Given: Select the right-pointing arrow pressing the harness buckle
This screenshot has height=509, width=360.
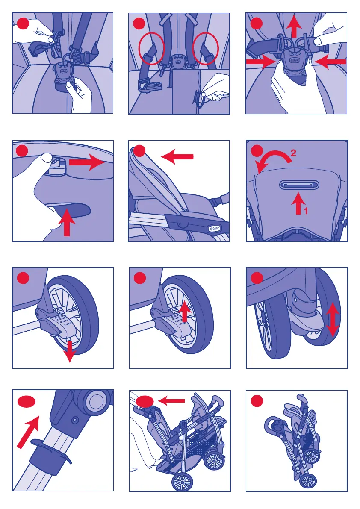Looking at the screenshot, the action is click(x=260, y=62).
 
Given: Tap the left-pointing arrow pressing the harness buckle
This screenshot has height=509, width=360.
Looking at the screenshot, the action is click(x=329, y=62).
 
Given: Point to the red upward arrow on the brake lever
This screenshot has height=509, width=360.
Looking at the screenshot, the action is click(x=184, y=310).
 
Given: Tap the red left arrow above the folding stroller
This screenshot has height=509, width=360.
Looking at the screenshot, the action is click(x=171, y=401).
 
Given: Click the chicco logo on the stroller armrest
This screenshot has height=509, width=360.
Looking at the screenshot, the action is click(x=215, y=229).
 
